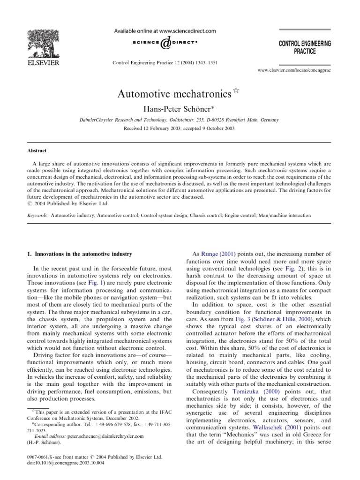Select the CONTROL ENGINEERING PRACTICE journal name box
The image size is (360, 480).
click(x=304, y=47)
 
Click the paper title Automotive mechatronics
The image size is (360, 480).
click(x=174, y=93)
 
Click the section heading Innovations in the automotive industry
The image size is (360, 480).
click(x=81, y=254)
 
